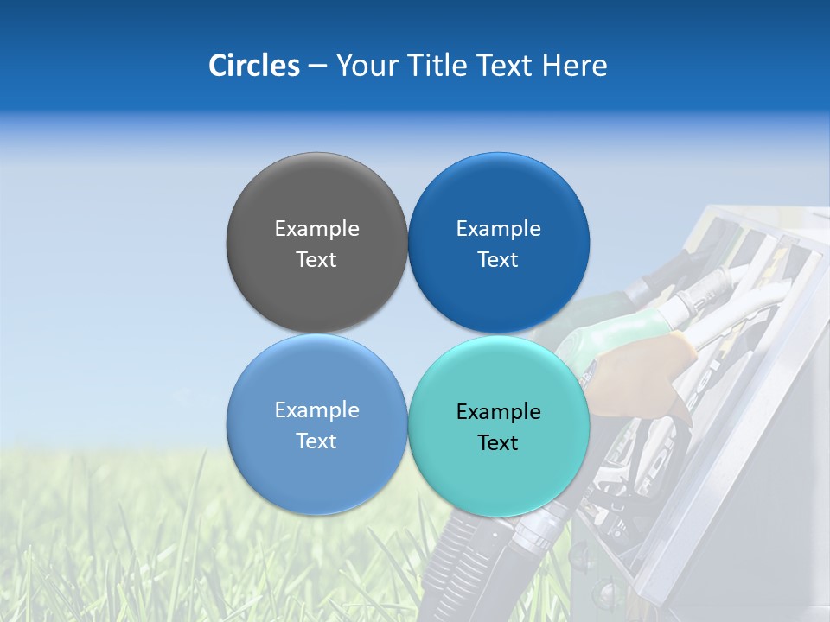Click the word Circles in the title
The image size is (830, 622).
(253, 66)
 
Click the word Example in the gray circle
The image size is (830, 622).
(316, 229)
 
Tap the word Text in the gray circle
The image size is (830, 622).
(316, 260)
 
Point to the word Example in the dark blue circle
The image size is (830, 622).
(499, 229)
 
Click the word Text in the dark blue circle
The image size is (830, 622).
(499, 260)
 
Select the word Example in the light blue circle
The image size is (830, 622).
(316, 410)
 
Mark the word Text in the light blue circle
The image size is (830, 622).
(316, 441)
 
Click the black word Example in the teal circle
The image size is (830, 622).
(499, 412)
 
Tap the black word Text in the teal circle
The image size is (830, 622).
(499, 443)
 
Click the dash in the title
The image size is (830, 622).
(317, 67)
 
